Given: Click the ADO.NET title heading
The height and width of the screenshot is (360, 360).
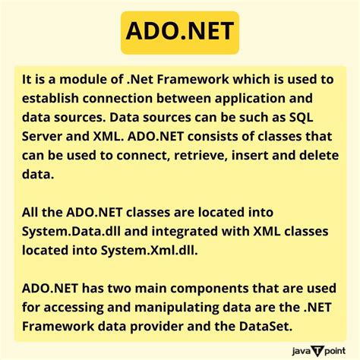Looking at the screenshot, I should coord(180,33).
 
